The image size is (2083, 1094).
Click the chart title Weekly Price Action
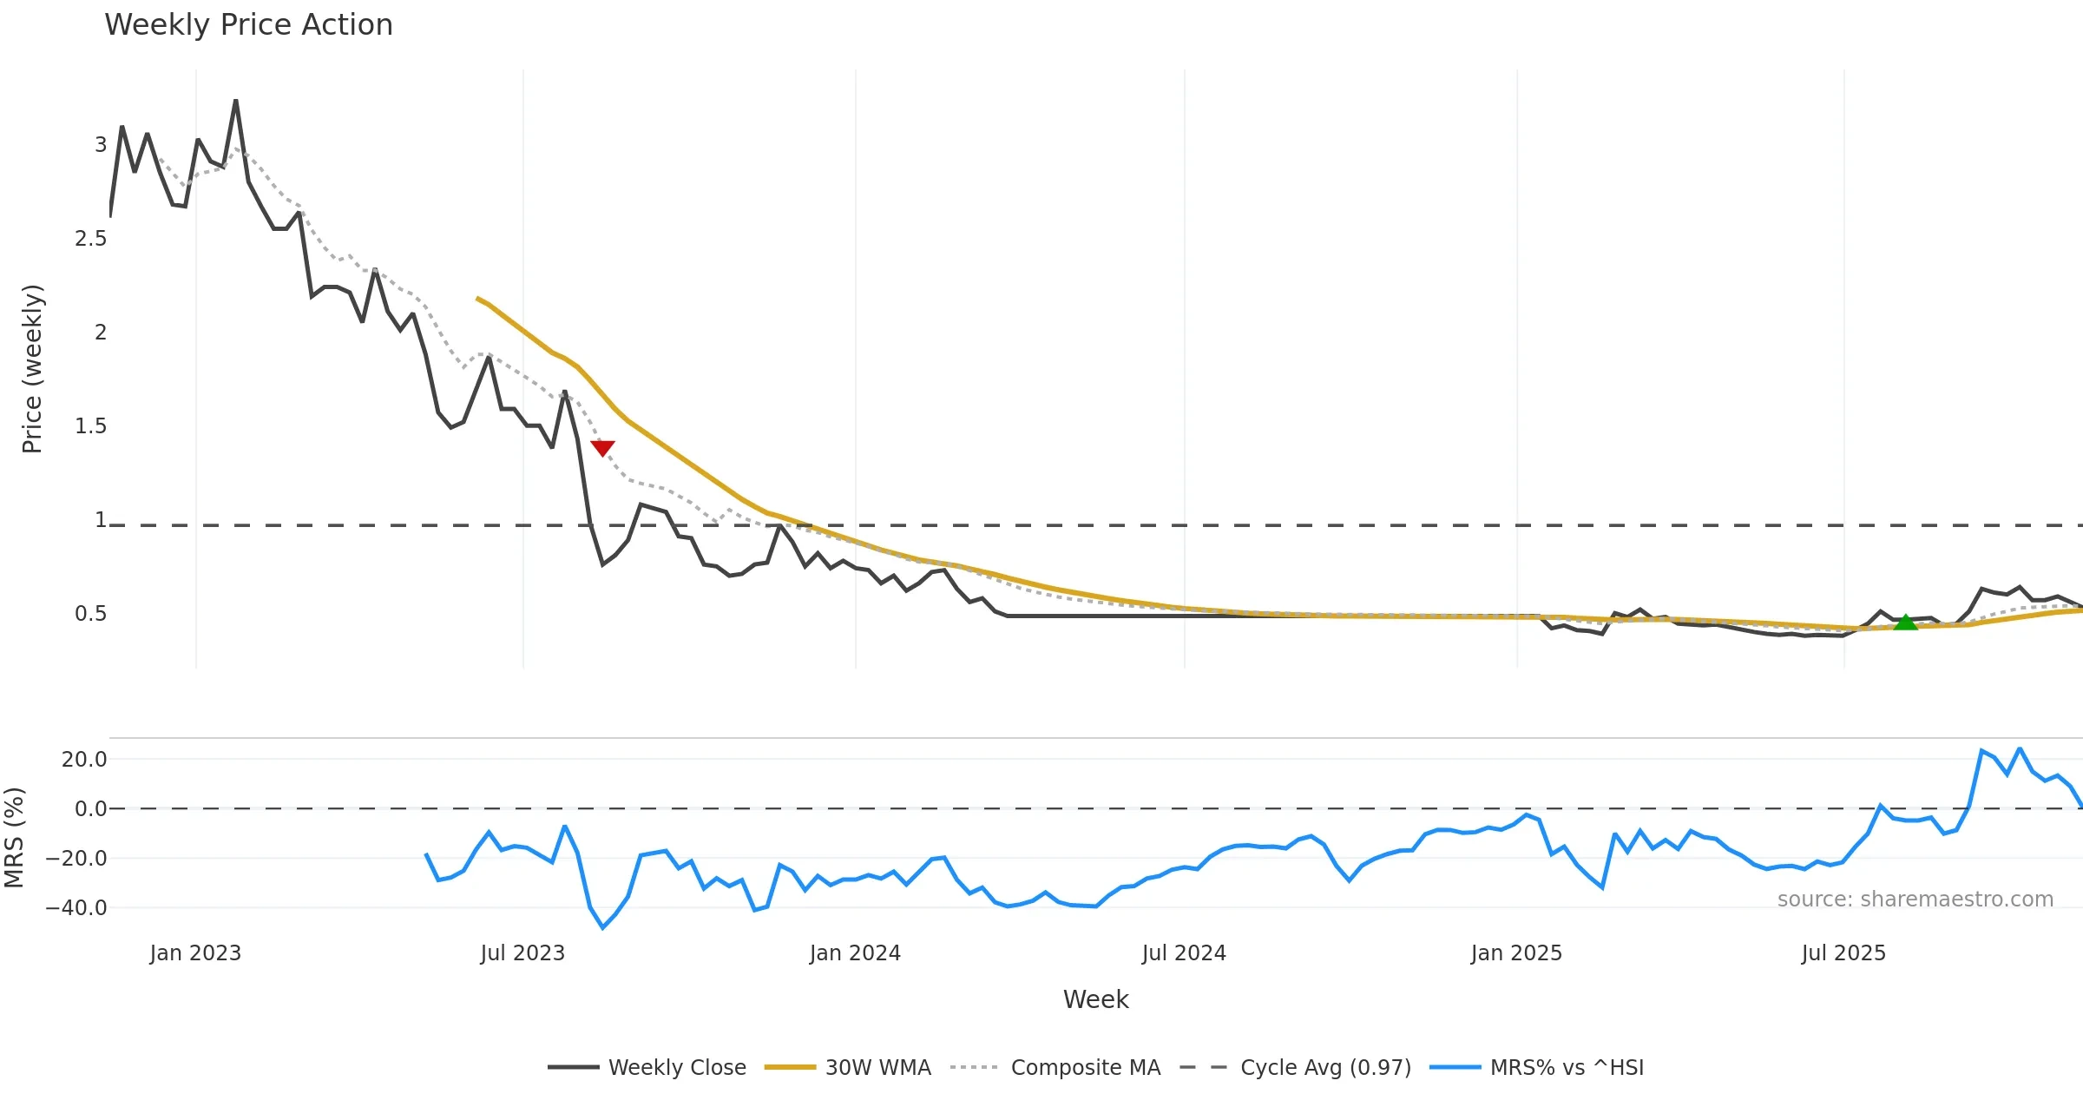[x=248, y=25]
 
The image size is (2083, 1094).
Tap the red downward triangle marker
[x=602, y=448]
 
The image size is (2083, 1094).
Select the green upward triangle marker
[x=1905, y=622]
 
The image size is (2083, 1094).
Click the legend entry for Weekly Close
[x=647, y=1067]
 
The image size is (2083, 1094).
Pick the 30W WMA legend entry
[x=848, y=1067]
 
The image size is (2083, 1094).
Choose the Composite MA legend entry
[x=1055, y=1067]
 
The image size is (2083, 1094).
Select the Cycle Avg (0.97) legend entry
[x=1296, y=1067]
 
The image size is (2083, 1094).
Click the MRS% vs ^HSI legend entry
[x=1536, y=1067]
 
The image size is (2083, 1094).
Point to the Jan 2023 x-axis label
[x=195, y=953]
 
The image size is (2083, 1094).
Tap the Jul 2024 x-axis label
[x=1184, y=953]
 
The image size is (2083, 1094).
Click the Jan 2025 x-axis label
[x=1516, y=953]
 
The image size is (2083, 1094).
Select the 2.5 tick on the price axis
[x=90, y=239]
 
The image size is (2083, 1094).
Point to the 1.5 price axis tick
[x=90, y=426]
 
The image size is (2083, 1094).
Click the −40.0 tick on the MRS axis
[x=76, y=908]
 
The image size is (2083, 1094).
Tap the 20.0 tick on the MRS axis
[x=84, y=760]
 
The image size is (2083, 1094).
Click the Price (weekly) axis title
[x=32, y=369]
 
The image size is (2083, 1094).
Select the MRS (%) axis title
[x=14, y=838]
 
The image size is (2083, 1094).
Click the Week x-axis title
[x=1095, y=1000]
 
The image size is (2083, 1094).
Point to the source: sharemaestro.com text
[x=1915, y=900]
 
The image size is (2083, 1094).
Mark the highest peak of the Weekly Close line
[x=236, y=101]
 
